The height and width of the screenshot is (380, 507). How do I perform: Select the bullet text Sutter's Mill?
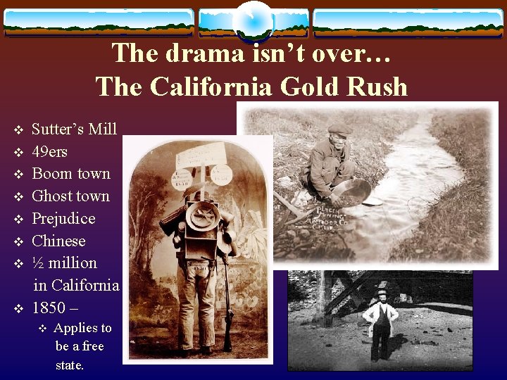tap(75, 129)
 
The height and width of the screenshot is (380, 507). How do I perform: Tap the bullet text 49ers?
tap(50, 151)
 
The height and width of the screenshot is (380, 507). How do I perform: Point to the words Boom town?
tap(71, 174)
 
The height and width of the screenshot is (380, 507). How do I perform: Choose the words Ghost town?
tap(71, 196)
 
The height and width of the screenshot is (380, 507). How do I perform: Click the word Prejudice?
tap(63, 218)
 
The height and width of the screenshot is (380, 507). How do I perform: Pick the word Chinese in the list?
tap(58, 241)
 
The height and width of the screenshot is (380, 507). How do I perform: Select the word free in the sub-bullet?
tap(93, 346)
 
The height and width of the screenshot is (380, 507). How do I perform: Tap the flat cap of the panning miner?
tap(340, 129)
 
